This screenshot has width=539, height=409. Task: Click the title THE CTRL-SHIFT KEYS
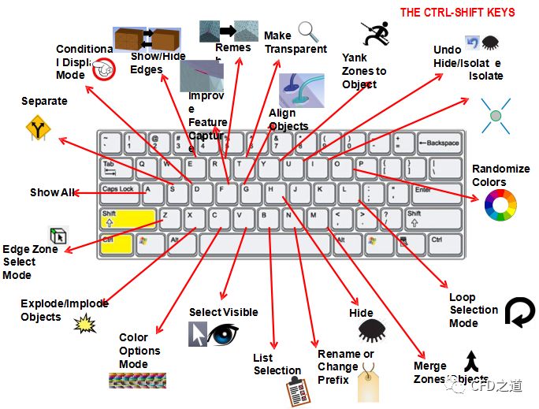point(458,13)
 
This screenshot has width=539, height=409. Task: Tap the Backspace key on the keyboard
point(439,143)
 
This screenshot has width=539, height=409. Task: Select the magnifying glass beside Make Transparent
point(308,32)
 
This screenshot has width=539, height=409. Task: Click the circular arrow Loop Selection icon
point(519,311)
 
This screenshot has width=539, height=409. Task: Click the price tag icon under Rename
point(370,386)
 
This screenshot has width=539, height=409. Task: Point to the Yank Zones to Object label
point(364,71)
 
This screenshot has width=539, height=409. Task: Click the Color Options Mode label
point(139,351)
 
